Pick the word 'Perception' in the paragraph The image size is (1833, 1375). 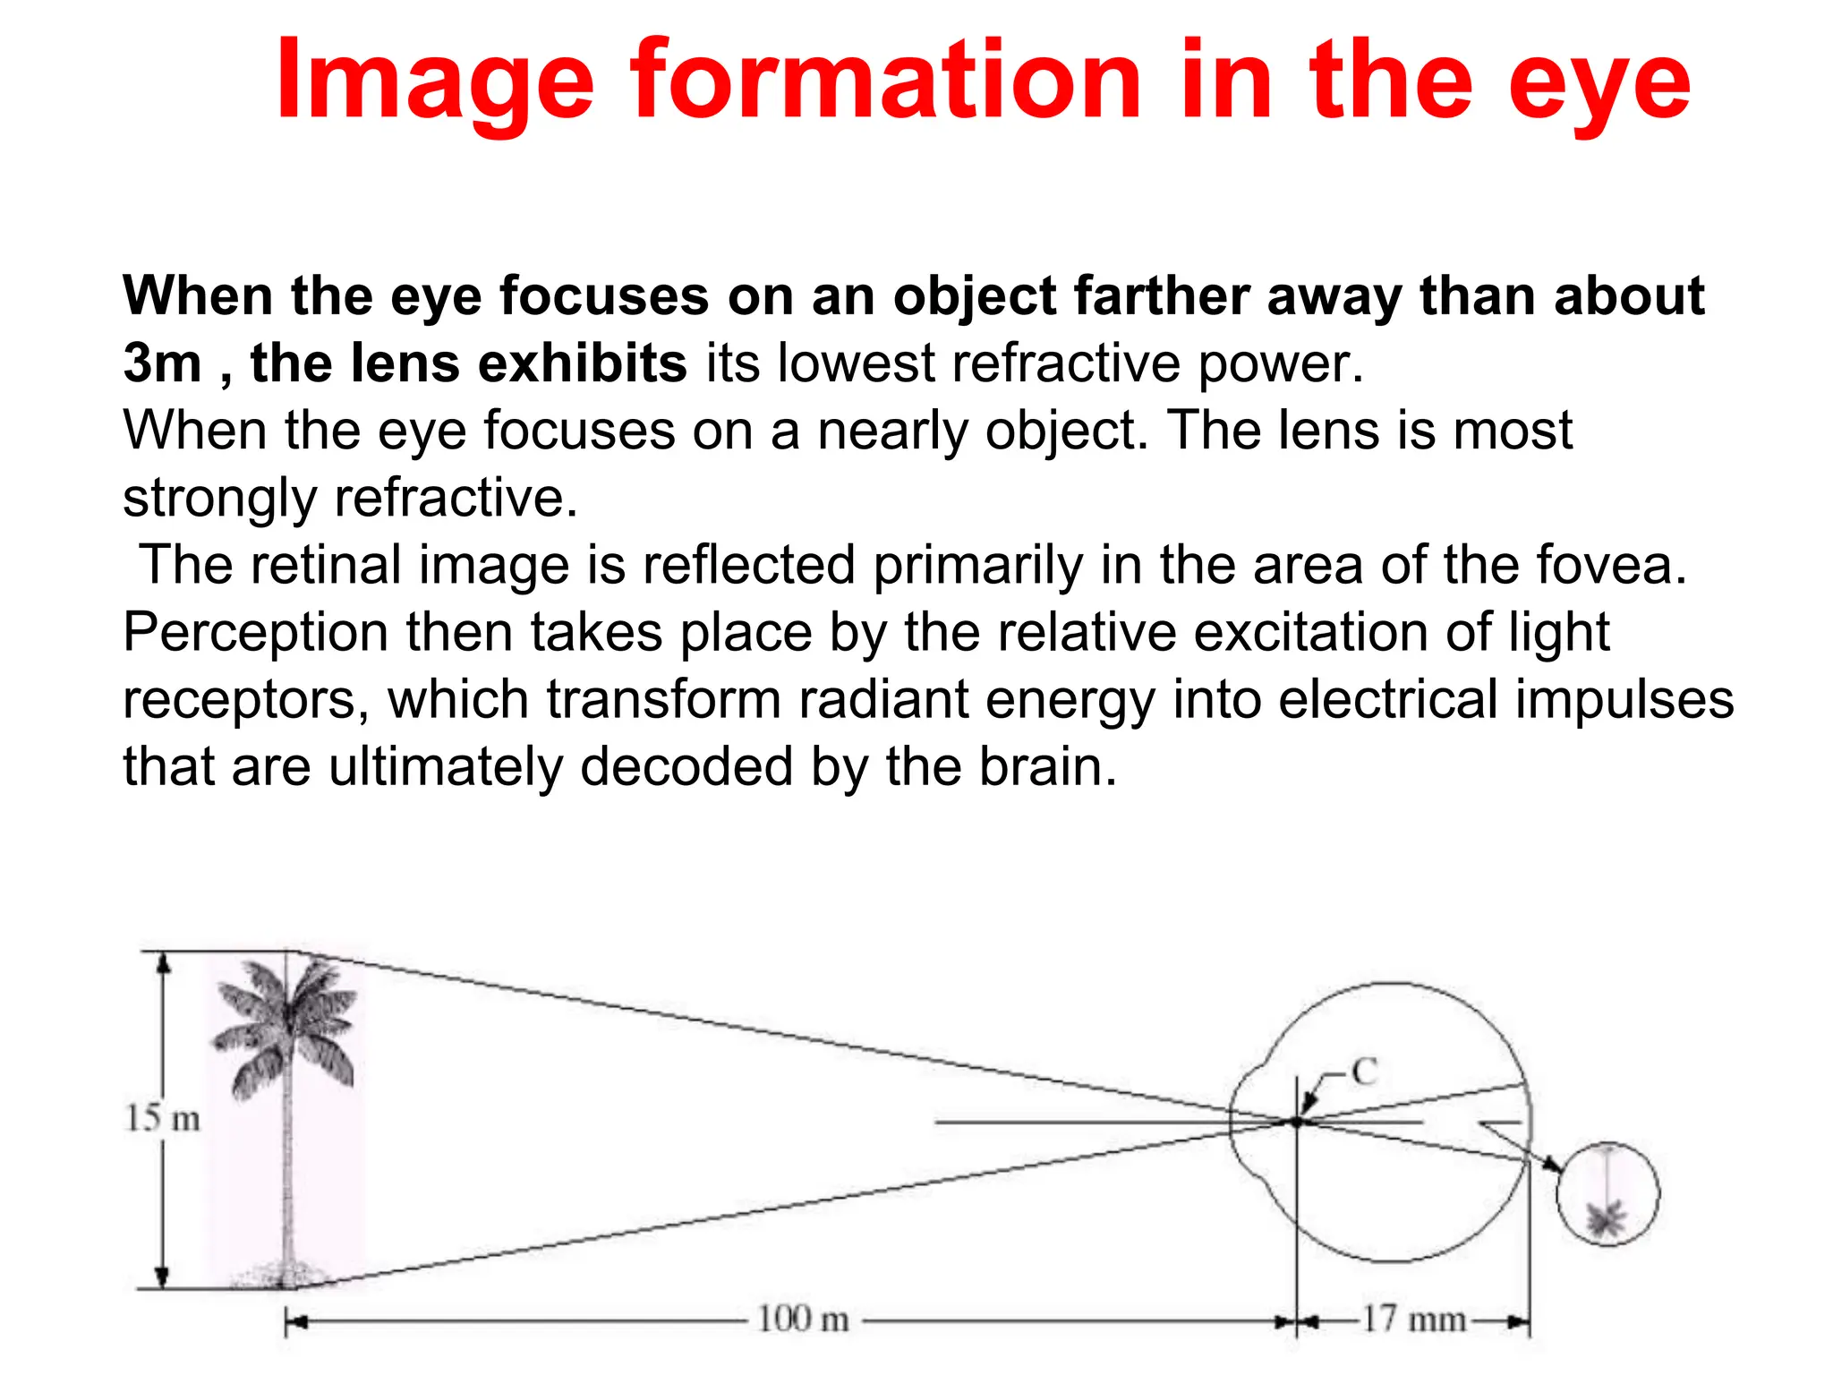(255, 633)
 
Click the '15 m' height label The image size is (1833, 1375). (162, 1118)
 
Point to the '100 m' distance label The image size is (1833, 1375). (803, 1319)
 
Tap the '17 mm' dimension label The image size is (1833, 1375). (1413, 1319)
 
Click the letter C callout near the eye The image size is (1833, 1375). (1364, 1072)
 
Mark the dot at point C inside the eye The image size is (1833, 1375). (1297, 1121)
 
